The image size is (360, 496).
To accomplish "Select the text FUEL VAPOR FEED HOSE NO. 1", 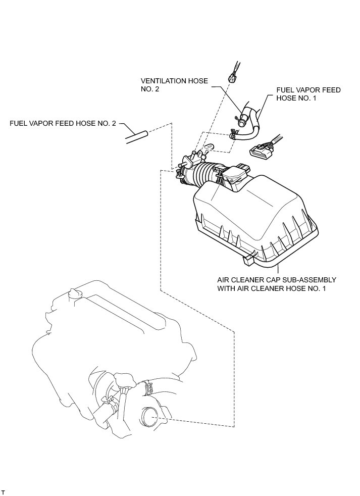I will (308, 94).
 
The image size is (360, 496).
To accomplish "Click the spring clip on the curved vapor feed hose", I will (233, 134).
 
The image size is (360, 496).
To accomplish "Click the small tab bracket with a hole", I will (209, 147).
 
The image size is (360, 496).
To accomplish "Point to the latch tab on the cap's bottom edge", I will (248, 259).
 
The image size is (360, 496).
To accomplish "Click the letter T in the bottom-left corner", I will (3, 490).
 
